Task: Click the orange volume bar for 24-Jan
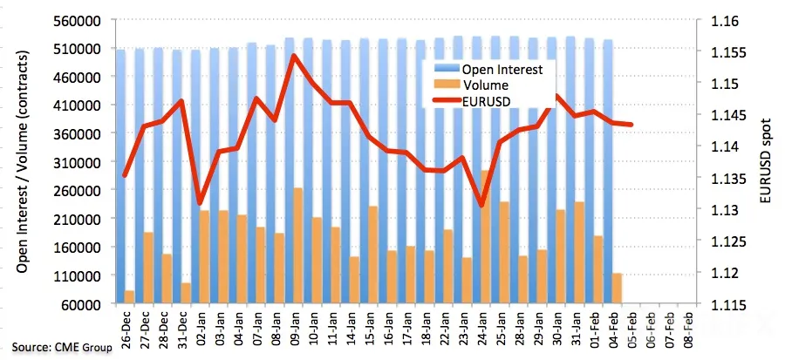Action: click(x=486, y=237)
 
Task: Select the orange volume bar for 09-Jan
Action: click(x=297, y=246)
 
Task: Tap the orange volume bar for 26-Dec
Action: click(x=129, y=297)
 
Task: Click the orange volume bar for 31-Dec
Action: click(x=185, y=294)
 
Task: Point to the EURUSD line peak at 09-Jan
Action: click(x=295, y=56)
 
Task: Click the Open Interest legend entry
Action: click(x=489, y=70)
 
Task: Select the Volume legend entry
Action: click(x=471, y=85)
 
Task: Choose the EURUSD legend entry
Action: click(x=472, y=101)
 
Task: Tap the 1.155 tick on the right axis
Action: click(x=725, y=52)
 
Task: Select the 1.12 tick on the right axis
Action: click(x=721, y=273)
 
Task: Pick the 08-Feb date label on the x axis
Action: click(x=689, y=325)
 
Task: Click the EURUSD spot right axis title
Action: click(x=766, y=161)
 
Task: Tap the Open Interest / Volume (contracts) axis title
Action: click(x=22, y=161)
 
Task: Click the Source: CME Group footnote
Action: click(x=62, y=347)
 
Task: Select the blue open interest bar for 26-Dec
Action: click(x=120, y=176)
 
